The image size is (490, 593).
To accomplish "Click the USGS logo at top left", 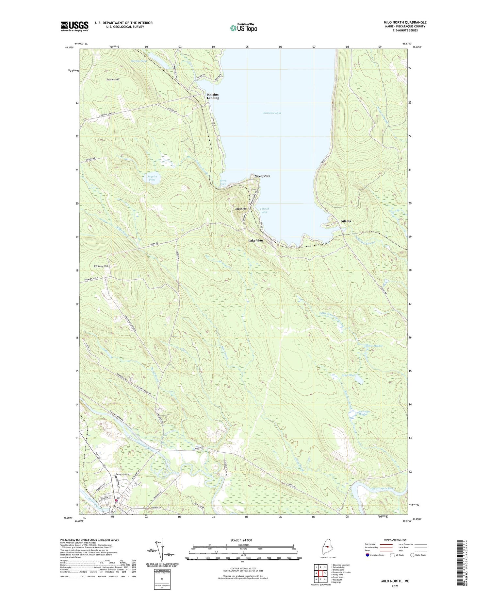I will pos(74,26).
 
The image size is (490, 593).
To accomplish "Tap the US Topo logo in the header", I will pos(244,28).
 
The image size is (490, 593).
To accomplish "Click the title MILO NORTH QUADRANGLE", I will pos(405,23).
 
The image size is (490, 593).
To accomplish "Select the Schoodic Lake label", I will pos(272,113).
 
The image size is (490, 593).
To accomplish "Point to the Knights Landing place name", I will pos(213,96).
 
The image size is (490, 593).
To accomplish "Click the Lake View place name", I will pos(255,240).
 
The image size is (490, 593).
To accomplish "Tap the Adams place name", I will pos(346,221).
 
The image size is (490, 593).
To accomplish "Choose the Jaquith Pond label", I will pos(152,178).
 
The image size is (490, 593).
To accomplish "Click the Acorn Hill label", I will pos(241,209).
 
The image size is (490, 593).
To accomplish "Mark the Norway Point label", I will pos(262,176).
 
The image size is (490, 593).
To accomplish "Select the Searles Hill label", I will pos(113,79).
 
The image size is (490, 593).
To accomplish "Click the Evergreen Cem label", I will pos(123,474).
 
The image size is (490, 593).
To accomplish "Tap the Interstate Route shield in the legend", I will pos(367,555).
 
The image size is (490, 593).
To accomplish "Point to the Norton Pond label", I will pos(139,61).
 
